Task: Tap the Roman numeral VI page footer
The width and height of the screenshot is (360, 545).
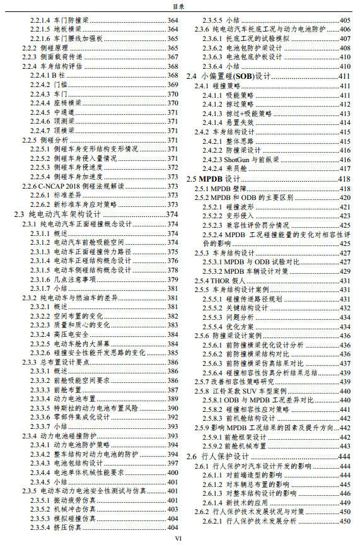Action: [x=178, y=539]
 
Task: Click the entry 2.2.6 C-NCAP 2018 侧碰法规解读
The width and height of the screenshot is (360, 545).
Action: [x=73, y=186]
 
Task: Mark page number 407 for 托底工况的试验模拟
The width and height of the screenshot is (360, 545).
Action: [x=345, y=38]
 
